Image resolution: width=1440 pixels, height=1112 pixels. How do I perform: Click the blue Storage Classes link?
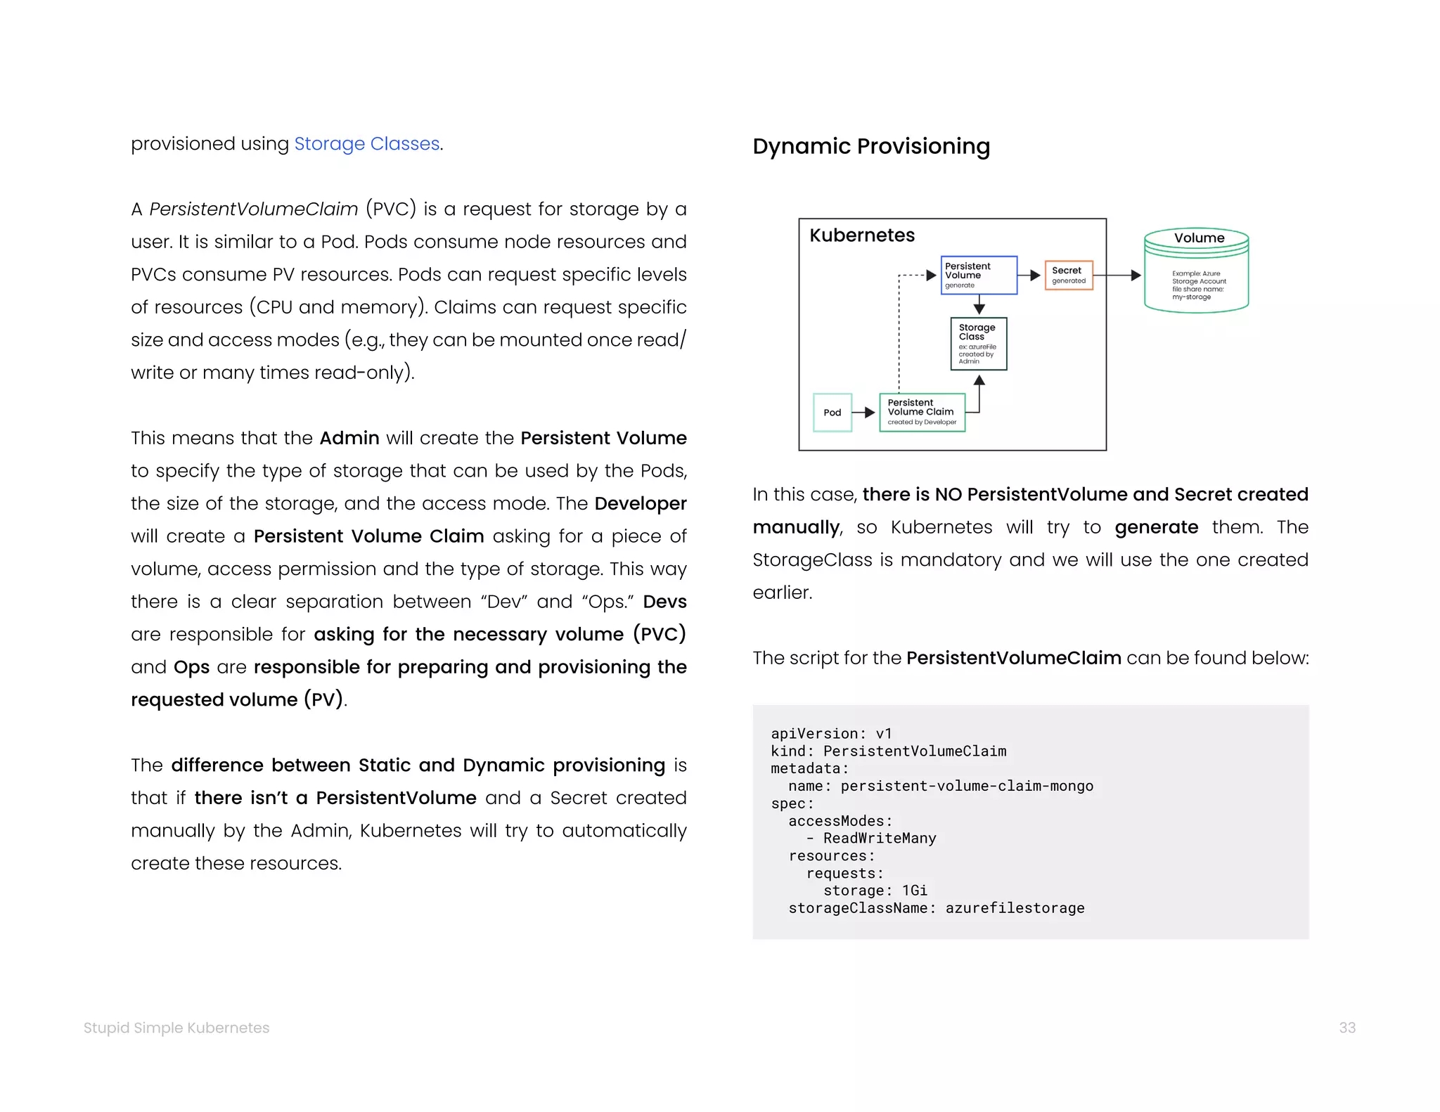366,143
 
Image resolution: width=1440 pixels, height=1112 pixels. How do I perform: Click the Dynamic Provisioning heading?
870,146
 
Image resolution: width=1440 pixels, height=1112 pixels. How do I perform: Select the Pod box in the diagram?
832,413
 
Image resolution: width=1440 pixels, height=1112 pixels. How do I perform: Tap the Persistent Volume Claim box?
922,413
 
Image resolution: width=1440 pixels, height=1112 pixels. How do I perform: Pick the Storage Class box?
978,344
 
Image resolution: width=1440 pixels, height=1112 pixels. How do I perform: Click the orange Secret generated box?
1068,275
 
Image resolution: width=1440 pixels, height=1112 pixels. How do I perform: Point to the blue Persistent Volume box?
978,275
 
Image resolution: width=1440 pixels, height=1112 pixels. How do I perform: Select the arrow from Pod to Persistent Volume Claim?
864,413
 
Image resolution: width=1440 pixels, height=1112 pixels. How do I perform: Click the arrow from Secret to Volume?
1118,276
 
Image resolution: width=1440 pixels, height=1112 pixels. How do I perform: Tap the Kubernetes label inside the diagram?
861,235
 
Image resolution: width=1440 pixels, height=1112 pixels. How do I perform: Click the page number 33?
1346,1028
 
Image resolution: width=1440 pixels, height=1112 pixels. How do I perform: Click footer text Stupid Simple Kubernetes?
176,1028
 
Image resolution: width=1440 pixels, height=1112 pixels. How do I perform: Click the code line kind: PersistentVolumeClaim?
888,751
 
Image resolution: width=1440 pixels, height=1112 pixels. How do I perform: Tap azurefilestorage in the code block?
1014,908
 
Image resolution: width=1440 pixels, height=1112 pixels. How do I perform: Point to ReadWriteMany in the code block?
879,838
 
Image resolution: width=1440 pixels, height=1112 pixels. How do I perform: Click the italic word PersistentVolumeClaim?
254,209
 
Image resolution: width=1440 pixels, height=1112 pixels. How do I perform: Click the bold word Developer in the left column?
640,503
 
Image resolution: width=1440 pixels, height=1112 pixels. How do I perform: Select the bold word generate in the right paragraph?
1156,527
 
